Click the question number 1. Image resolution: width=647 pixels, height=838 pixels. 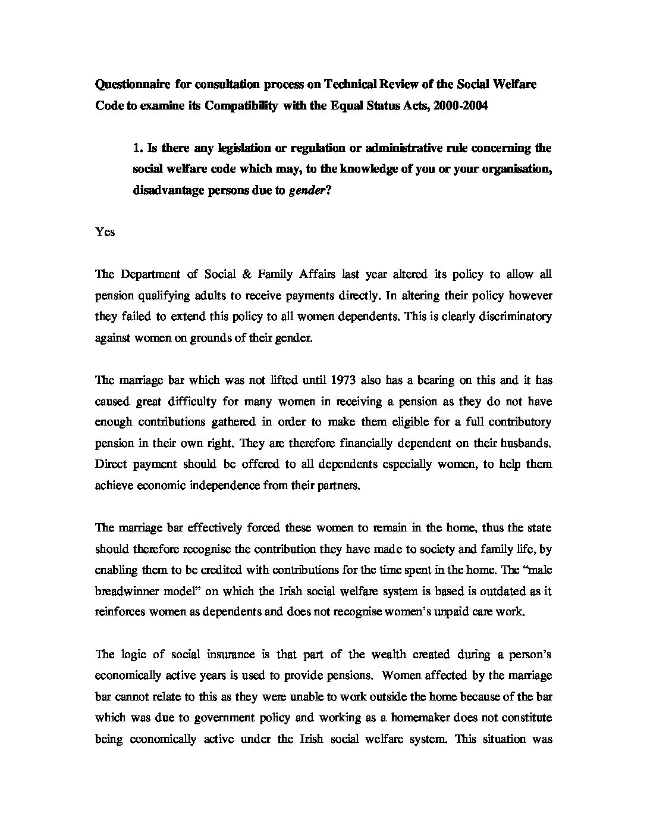click(x=137, y=148)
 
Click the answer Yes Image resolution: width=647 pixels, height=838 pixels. click(x=105, y=232)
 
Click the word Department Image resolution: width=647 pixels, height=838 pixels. click(x=147, y=274)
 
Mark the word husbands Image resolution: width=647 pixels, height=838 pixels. click(x=526, y=443)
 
